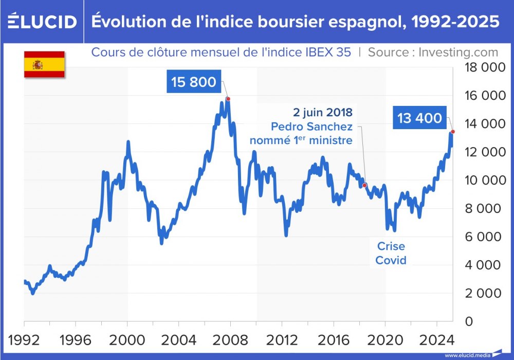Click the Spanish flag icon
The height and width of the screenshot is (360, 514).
[x=44, y=64]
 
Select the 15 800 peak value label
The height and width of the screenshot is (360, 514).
[x=193, y=82]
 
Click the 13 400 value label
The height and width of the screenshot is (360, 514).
[x=419, y=118]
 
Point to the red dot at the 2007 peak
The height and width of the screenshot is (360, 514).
[x=228, y=99]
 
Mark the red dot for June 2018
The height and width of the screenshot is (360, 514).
[x=364, y=185]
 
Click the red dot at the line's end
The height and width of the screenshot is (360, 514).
[x=452, y=132]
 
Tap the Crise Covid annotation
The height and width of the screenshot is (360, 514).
[x=391, y=253]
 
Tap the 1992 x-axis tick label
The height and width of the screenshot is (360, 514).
[x=24, y=340]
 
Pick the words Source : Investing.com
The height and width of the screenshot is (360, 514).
[x=433, y=52]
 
